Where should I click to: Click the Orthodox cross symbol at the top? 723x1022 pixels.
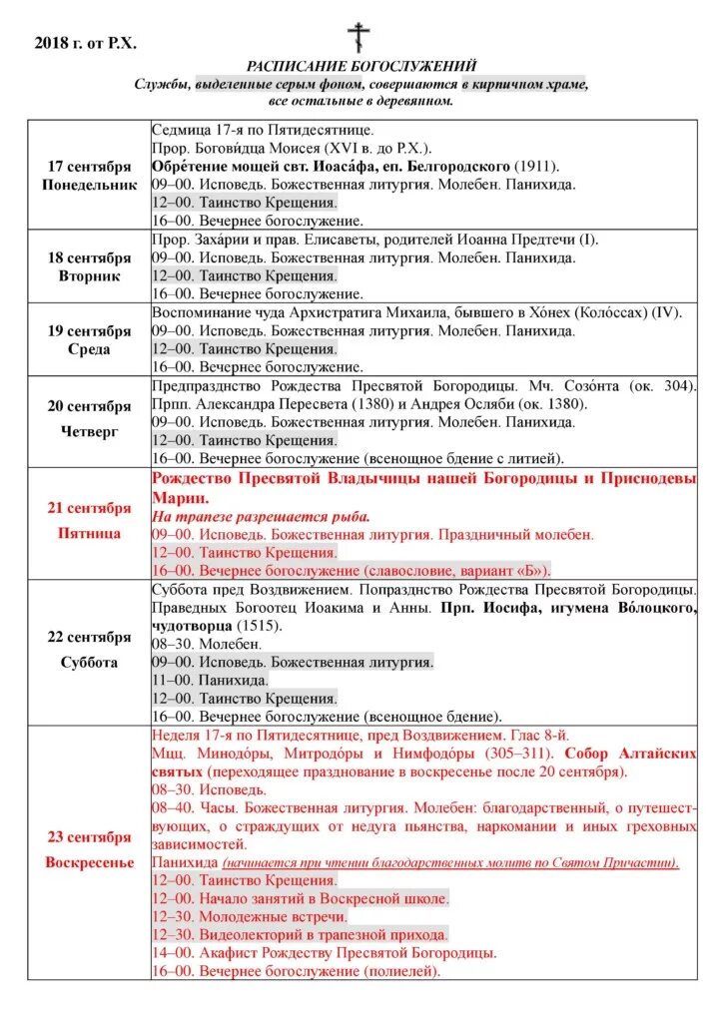(x=359, y=37)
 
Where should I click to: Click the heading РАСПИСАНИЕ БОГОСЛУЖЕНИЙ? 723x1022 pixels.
(x=361, y=66)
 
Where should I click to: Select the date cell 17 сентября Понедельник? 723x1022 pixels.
(x=89, y=176)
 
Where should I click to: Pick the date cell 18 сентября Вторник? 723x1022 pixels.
(x=89, y=266)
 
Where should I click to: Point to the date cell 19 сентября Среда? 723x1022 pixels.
(x=89, y=339)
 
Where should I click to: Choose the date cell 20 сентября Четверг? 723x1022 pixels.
(x=89, y=420)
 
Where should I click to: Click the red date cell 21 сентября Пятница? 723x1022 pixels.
(x=89, y=520)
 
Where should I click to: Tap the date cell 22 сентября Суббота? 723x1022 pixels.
(x=89, y=649)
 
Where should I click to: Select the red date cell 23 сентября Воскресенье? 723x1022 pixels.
(x=89, y=849)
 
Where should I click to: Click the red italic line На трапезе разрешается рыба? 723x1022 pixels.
(x=261, y=516)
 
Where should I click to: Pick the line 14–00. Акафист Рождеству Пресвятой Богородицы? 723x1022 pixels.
(x=324, y=952)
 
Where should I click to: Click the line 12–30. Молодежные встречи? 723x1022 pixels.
(x=250, y=915)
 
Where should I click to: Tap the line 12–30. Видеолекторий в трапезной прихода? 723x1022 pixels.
(x=300, y=934)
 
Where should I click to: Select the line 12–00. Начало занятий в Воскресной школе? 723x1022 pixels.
(x=300, y=898)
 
